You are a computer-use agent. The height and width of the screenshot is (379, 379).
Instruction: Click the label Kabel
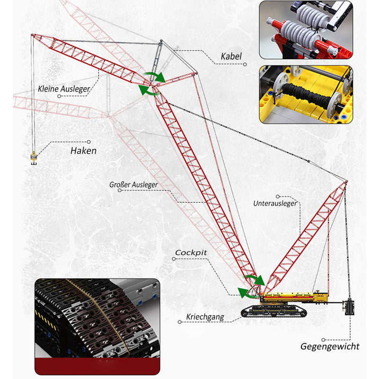231,56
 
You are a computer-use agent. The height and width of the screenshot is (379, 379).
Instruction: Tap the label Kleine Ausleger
64,89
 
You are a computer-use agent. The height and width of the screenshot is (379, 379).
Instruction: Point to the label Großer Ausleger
133,185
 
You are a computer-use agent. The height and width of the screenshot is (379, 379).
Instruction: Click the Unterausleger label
275,203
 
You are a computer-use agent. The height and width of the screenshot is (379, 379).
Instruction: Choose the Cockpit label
191,253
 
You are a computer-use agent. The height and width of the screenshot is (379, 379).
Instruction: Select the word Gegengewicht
330,346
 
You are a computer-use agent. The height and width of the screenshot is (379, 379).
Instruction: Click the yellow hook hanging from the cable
34,157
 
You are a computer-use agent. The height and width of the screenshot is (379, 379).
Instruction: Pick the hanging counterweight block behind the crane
351,307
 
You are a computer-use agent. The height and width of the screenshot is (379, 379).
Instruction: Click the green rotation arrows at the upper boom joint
152,84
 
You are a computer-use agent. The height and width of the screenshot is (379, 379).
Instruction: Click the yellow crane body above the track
294,298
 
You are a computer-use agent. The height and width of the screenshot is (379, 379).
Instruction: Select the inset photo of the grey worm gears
306,30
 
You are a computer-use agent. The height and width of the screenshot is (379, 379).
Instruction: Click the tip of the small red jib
33,35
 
